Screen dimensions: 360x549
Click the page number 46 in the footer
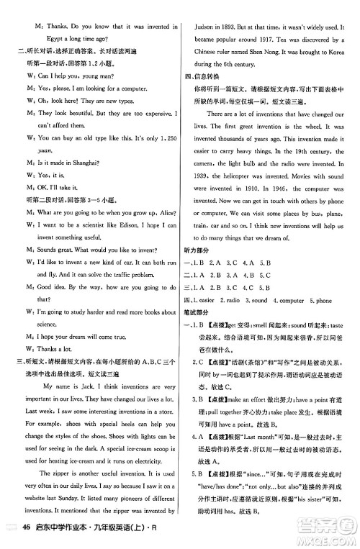[27, 531]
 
